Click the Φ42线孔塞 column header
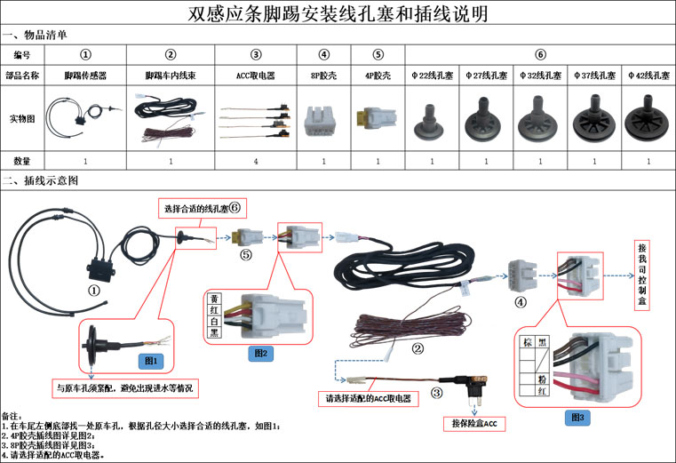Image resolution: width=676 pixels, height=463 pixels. pyautogui.click(x=648, y=76)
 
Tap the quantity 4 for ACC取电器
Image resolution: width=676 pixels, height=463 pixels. pyautogui.click(x=256, y=161)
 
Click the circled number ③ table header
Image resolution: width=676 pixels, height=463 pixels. pyautogui.click(x=256, y=55)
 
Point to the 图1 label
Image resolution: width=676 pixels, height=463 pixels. pyautogui.click(x=150, y=360)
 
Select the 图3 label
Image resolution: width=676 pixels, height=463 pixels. pyautogui.click(x=577, y=414)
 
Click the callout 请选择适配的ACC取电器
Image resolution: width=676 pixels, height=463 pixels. pyautogui.click(x=370, y=398)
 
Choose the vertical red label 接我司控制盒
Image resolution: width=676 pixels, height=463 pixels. pyautogui.click(x=642, y=275)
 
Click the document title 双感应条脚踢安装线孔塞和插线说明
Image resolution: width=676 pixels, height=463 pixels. pyautogui.click(x=338, y=14)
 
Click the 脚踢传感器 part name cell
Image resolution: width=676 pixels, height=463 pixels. pyautogui.click(x=85, y=76)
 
